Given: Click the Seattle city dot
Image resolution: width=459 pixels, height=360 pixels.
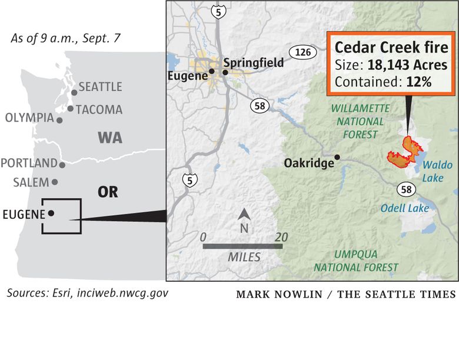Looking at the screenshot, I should click(74, 92).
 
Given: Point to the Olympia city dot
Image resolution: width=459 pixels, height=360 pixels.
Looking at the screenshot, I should click(59, 120).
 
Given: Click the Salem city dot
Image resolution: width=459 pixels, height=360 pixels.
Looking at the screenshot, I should click(55, 182).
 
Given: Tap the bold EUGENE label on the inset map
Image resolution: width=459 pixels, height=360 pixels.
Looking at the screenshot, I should click(24, 214).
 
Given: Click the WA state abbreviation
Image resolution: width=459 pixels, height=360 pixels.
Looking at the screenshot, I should click(110, 138).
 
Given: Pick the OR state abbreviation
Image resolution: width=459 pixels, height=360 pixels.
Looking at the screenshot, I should click(108, 192).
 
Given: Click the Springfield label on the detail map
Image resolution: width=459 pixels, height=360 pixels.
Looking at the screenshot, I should click(254, 62).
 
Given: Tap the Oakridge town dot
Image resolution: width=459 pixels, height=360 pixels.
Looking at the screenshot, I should click(337, 157).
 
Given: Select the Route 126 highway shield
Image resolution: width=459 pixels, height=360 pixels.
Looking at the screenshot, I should click(302, 52).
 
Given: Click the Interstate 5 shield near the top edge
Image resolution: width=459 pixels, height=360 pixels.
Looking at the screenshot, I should click(218, 10).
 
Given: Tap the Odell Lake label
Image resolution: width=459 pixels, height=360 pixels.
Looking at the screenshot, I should click(404, 208).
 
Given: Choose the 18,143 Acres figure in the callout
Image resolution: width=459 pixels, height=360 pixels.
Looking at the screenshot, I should click(408, 65).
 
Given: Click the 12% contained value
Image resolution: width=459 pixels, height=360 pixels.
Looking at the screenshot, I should click(418, 82).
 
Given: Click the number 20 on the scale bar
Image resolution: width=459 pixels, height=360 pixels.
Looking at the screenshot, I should click(281, 236).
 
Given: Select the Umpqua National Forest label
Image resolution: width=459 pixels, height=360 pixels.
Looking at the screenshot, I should click(355, 261).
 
